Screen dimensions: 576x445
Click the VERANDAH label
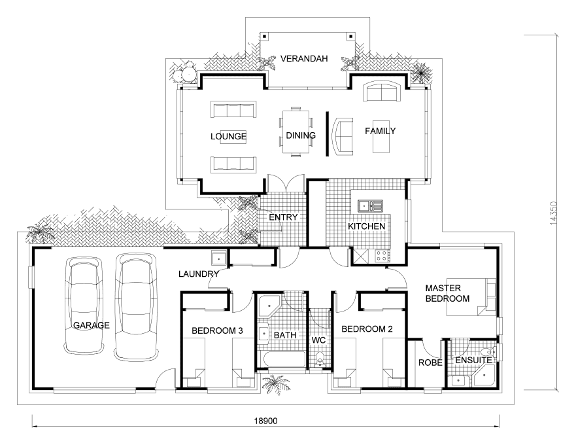304,58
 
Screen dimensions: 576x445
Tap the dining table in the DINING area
296,132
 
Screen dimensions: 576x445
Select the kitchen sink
370,206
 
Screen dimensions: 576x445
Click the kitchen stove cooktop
382,256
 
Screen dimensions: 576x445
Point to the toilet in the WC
320,359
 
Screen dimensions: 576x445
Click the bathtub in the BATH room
282,359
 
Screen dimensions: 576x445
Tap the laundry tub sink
219,257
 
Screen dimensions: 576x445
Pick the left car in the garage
84,305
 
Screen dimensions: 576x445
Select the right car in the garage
136,306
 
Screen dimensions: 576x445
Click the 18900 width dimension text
265,421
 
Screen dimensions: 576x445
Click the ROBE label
430,363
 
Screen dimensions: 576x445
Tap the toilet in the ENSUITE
490,352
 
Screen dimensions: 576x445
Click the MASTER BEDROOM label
447,293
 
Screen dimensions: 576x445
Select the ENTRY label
283,217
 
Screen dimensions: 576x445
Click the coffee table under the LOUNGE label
233,137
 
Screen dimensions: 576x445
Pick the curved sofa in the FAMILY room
343,136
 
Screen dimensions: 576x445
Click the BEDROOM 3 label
217,330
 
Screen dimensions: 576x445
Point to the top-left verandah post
264,37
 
